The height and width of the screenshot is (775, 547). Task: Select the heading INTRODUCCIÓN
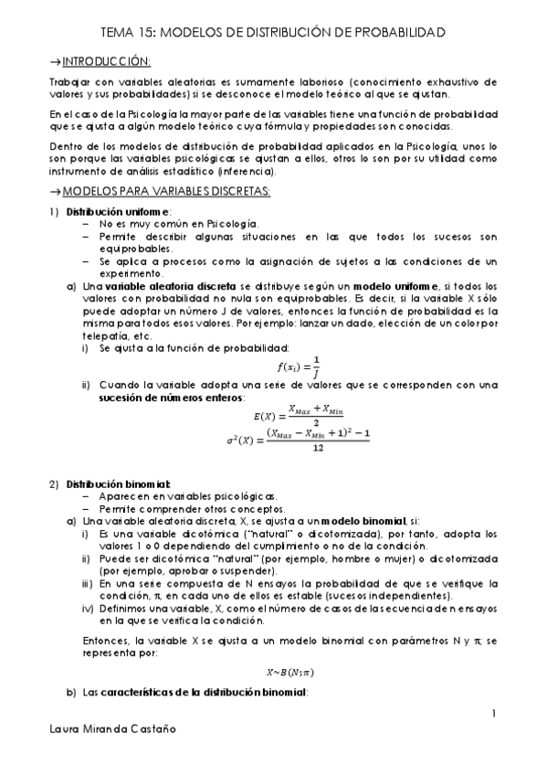click(104, 61)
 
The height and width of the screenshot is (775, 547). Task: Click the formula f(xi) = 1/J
click(299, 364)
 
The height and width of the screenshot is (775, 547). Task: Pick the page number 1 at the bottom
click(493, 713)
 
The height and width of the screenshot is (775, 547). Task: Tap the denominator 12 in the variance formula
click(317, 448)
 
